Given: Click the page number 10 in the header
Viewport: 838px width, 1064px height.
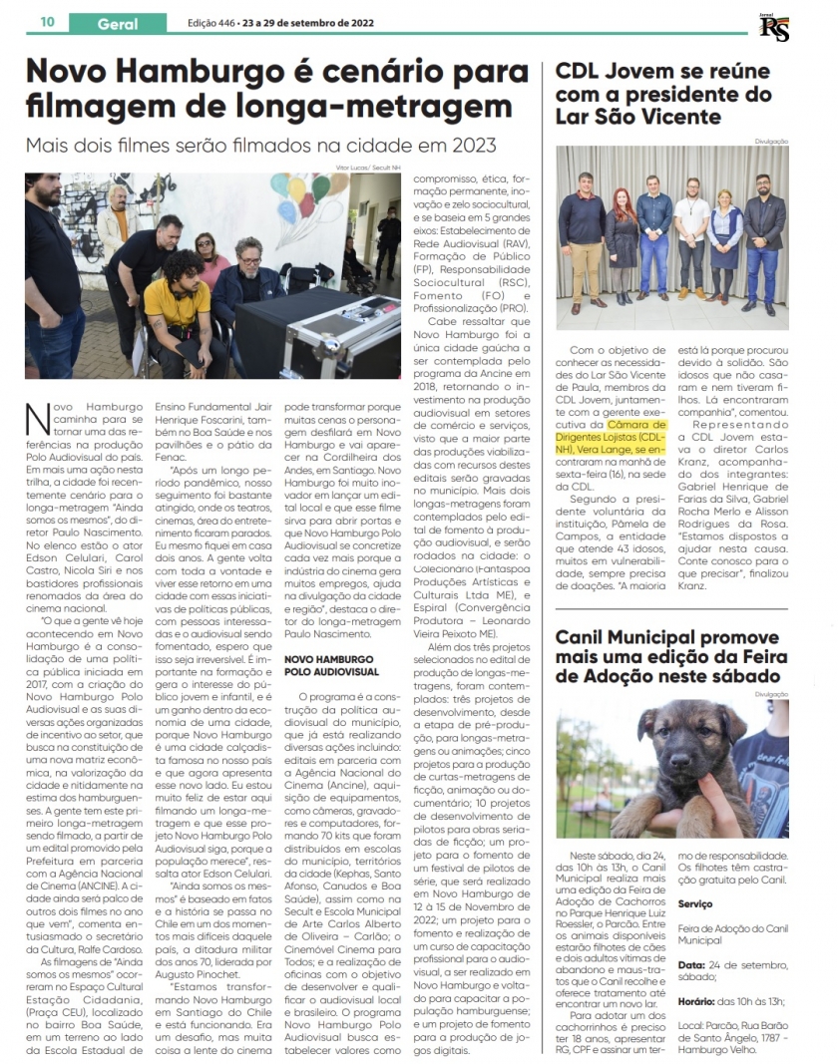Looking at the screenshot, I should coord(47,22).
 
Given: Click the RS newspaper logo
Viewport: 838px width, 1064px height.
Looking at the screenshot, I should coord(774,27).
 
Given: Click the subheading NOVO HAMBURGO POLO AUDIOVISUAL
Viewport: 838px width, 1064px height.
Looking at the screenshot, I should coord(329,666).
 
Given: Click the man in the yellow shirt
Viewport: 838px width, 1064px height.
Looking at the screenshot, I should coord(180,304).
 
